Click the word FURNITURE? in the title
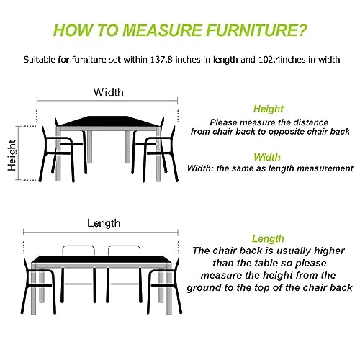256,30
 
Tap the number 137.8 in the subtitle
161,60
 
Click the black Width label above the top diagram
109,92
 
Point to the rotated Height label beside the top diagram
12,156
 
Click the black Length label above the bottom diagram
104,224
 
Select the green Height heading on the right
269,109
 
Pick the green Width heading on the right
267,157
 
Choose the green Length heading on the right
268,238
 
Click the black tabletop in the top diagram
109,121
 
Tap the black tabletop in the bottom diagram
102,259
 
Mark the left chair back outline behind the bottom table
78,246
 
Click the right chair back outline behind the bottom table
124,246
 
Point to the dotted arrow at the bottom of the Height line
30,180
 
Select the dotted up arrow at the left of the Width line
37,116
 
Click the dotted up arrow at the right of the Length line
178,247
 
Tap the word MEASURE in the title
162,30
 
